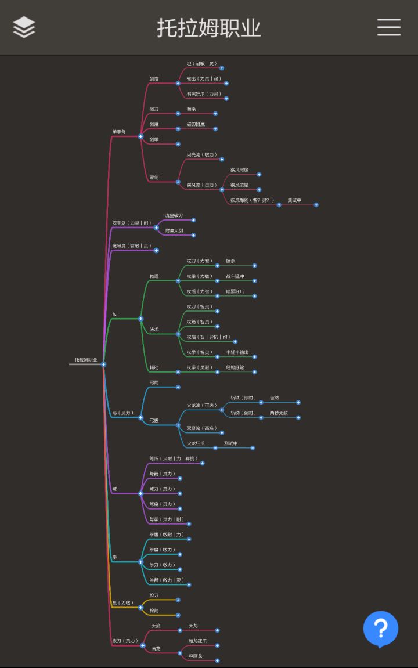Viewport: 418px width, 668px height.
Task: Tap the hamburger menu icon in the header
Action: click(x=388, y=27)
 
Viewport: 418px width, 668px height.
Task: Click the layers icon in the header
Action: click(x=24, y=27)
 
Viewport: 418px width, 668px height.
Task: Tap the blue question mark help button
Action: click(x=381, y=629)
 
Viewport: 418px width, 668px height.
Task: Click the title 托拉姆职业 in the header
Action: click(x=209, y=27)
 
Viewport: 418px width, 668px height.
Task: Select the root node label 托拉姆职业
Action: click(x=86, y=360)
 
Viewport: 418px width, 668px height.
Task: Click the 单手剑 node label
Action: click(x=119, y=132)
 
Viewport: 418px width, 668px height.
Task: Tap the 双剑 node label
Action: click(x=154, y=177)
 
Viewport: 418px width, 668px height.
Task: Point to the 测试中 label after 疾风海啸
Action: click(x=294, y=200)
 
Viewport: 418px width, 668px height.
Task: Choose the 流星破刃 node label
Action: click(x=174, y=215)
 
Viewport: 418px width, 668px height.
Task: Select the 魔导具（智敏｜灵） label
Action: click(x=132, y=246)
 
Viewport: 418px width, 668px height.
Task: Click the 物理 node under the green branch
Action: click(x=154, y=276)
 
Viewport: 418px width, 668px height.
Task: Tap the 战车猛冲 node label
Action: click(x=235, y=276)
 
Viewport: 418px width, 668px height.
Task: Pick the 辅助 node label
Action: click(x=154, y=367)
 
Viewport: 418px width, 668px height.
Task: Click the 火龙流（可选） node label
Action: click(x=201, y=405)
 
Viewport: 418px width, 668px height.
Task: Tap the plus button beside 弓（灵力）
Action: click(x=140, y=418)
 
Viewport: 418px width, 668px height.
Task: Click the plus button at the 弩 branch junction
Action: click(x=140, y=493)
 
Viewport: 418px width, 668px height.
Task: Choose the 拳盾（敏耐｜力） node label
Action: click(x=167, y=535)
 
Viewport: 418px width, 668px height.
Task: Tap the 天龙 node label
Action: click(x=193, y=626)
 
